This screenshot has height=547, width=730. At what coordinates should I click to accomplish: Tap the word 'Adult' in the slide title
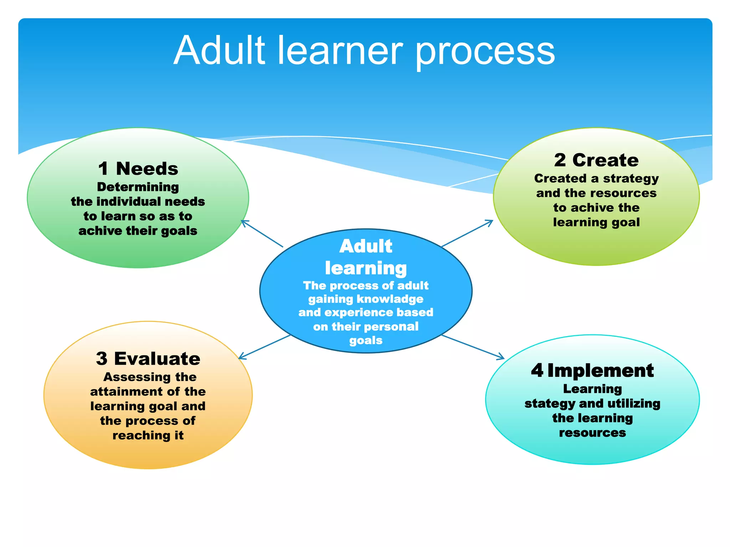220,51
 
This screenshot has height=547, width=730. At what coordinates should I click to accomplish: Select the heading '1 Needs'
138,168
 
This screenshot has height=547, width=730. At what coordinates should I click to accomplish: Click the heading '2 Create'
596,160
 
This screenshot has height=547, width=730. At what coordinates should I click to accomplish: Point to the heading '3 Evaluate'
148,358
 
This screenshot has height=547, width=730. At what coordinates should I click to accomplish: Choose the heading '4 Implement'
592,370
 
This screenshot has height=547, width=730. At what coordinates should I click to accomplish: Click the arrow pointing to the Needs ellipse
262,234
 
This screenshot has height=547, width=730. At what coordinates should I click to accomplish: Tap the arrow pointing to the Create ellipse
467,233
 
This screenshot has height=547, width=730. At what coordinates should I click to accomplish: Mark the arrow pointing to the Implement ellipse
473,347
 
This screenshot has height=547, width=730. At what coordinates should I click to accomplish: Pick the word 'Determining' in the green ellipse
138,187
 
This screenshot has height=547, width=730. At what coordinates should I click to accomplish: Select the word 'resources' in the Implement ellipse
592,433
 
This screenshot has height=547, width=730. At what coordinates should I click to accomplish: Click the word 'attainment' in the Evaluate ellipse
125,391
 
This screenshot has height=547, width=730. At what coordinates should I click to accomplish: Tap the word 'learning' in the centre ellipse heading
366,268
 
